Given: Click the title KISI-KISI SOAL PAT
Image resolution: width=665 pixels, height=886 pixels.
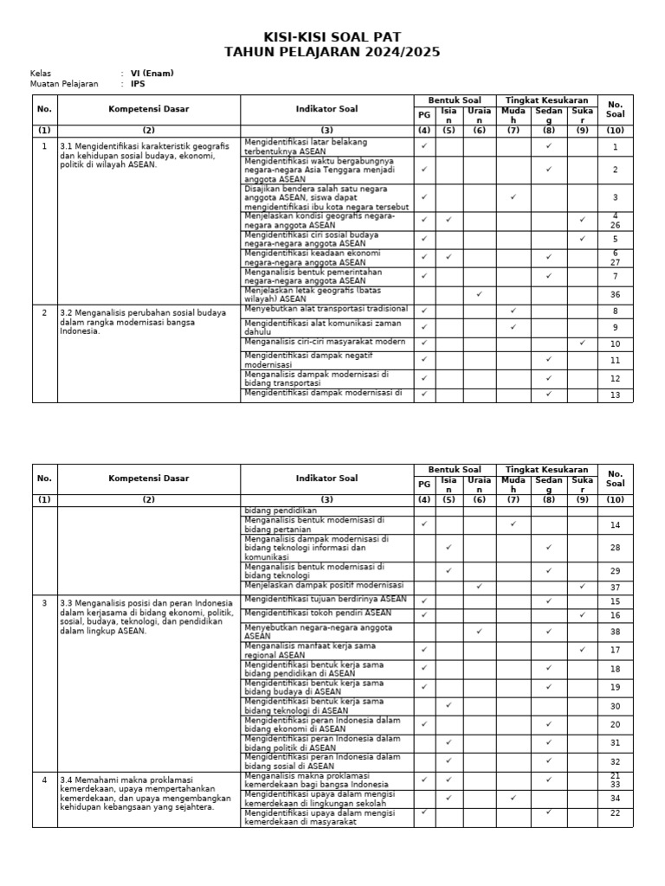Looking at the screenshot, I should click(332, 37).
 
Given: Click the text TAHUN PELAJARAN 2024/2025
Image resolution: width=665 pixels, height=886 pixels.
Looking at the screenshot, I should click(332, 52).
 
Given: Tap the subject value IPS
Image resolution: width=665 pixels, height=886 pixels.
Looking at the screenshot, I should click(139, 84).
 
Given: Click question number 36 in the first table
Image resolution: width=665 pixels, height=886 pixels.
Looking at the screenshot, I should click(616, 294).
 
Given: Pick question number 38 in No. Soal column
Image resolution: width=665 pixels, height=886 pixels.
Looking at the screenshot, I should click(616, 632).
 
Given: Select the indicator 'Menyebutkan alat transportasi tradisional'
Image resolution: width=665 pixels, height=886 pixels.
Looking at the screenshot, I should click(326, 309).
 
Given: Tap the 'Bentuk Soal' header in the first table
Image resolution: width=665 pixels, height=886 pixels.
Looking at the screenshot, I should click(448, 100).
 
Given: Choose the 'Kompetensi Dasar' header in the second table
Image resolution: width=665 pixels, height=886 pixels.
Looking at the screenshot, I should click(148, 478).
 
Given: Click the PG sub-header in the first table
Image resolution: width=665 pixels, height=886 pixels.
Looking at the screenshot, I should click(424, 114).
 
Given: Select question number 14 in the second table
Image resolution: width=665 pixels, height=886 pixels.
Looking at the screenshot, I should click(616, 525).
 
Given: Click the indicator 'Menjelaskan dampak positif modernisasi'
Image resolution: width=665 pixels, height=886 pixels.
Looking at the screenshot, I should click(325, 585).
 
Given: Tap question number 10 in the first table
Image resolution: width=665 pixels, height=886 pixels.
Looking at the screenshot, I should click(616, 344).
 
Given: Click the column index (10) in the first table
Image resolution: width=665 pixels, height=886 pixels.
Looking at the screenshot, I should click(616, 131).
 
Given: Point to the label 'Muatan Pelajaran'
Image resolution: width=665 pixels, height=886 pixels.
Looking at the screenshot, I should click(64, 84).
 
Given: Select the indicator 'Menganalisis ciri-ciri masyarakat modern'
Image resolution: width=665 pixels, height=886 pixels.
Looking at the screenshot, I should click(325, 342).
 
